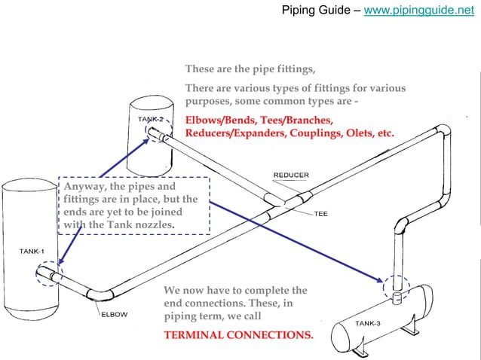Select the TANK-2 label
click(x=151, y=120)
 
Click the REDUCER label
click(x=290, y=175)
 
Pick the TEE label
click(x=322, y=212)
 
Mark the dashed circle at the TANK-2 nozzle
click(x=155, y=133)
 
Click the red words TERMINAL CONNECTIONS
click(x=238, y=334)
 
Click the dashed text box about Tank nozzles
click(x=128, y=206)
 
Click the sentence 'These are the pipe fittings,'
click(x=250, y=70)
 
